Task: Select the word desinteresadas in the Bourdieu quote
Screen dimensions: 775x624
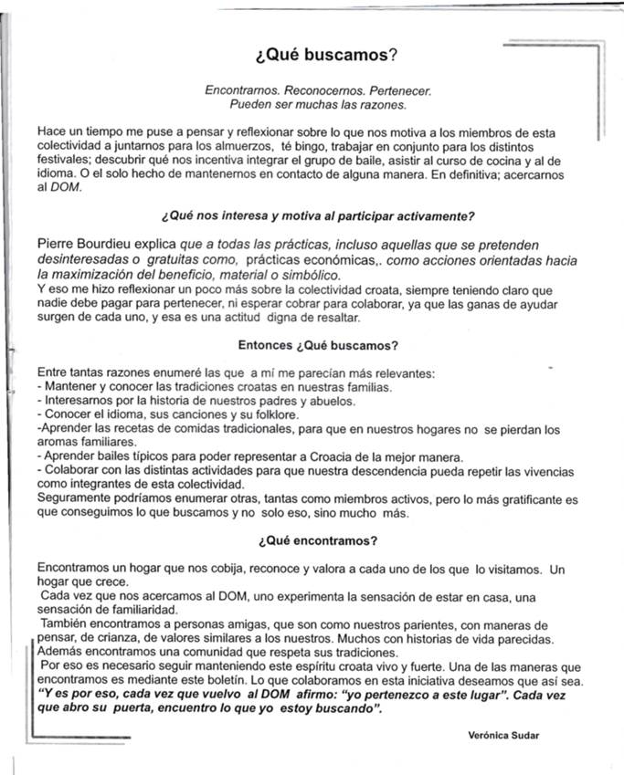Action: pyautogui.click(x=81, y=261)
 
